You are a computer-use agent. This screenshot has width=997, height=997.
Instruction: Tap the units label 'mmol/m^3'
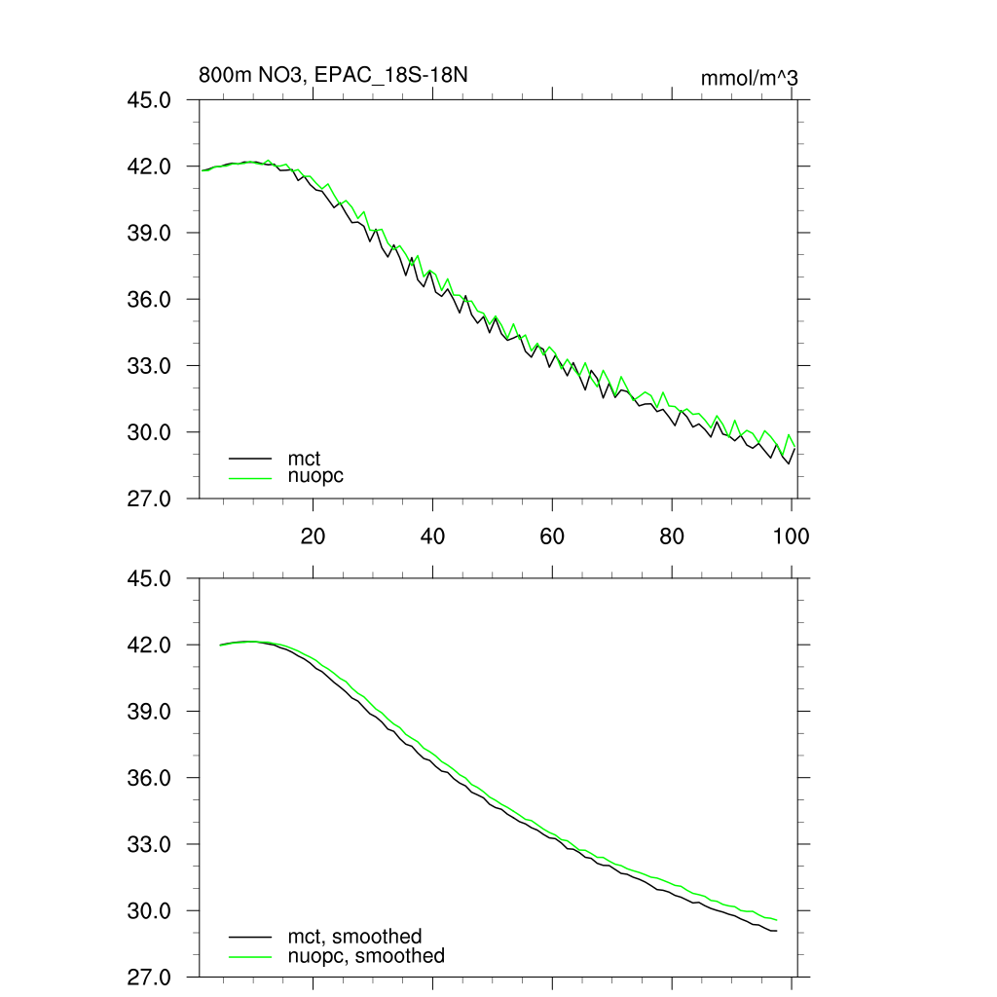[749, 78]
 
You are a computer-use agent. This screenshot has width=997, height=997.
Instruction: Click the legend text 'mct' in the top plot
[304, 458]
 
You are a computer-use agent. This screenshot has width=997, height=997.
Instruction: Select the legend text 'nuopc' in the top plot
[315, 477]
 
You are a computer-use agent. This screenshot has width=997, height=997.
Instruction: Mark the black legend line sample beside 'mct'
[250, 458]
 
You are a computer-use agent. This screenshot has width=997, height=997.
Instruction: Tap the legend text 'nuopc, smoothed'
[365, 956]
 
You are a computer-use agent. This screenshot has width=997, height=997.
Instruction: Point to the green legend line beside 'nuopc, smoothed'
[250, 956]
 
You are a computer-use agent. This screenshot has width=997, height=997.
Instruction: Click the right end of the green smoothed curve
[776, 920]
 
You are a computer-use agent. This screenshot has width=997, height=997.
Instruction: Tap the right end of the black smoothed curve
[776, 932]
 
